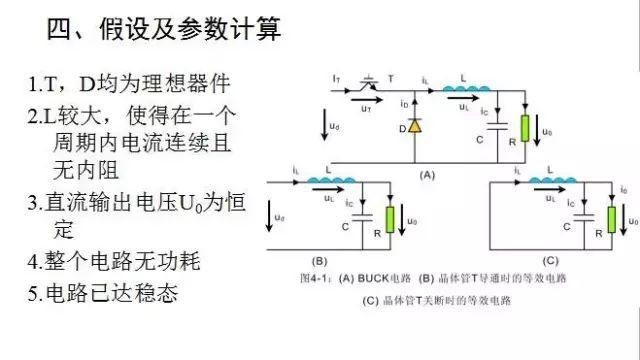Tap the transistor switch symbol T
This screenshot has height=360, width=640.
pyautogui.click(x=367, y=83)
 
